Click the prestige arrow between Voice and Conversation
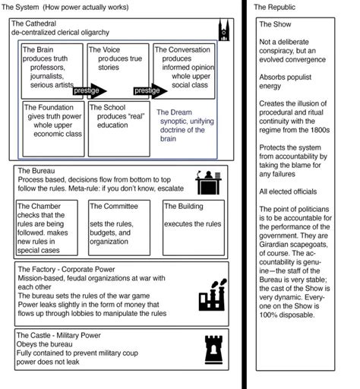[147, 90]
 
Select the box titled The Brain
[52, 70]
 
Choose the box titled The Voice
[118, 70]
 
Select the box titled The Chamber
[50, 226]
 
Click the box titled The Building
[193, 226]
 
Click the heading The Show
[274, 25]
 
